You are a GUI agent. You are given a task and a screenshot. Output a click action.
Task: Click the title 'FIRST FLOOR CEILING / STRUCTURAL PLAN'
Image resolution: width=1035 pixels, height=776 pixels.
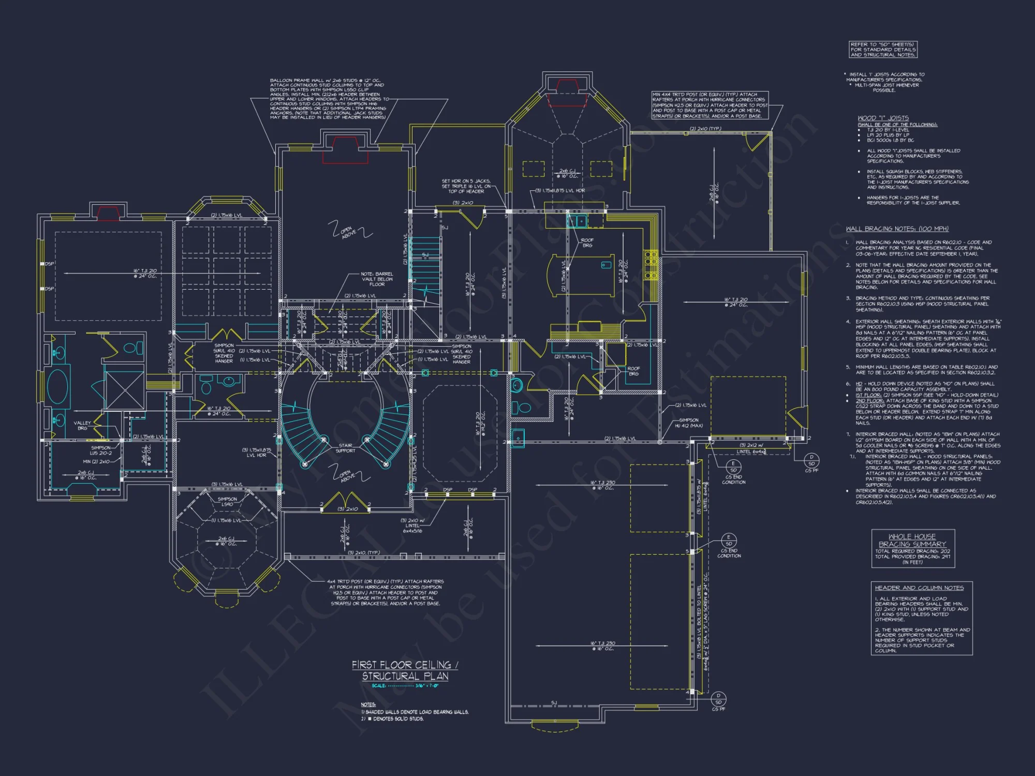[x=405, y=670]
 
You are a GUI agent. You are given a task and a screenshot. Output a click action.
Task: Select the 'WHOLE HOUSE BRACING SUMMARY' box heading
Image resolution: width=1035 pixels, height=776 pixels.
[x=912, y=540]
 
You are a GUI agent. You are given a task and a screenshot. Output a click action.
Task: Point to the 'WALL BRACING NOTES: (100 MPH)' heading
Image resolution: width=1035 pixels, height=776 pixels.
[x=897, y=229]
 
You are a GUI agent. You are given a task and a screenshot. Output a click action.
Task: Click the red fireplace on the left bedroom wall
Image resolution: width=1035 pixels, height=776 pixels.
[x=109, y=212]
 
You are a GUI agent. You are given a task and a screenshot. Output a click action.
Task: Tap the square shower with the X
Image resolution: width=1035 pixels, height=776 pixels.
[x=124, y=390]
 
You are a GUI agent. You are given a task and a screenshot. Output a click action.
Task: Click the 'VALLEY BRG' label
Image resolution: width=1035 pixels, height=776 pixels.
[x=82, y=425]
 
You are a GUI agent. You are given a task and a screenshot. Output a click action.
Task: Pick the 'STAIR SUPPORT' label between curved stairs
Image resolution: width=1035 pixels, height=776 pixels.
[x=346, y=448]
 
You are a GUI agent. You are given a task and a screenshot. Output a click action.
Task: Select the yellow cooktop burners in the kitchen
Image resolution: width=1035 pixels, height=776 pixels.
[x=650, y=265]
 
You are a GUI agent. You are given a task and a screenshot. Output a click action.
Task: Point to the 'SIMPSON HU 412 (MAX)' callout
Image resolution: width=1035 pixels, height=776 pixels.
[x=688, y=423]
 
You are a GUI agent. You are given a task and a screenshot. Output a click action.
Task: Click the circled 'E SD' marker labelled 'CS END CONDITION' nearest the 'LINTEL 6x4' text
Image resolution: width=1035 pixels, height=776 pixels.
[x=733, y=467]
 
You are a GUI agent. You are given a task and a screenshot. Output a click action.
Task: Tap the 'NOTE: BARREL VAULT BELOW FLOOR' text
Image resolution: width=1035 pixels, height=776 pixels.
[x=377, y=279]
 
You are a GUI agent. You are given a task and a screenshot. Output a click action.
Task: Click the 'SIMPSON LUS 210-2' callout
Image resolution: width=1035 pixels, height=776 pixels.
[x=101, y=450]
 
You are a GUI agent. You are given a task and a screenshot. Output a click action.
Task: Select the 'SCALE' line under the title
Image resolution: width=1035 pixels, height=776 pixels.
[x=405, y=686]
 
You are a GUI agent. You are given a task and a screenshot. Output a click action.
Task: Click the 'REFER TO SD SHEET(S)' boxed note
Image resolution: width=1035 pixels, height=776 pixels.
[x=883, y=49]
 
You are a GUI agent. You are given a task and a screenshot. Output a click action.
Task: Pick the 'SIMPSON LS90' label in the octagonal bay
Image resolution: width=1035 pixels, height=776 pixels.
[x=227, y=501]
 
